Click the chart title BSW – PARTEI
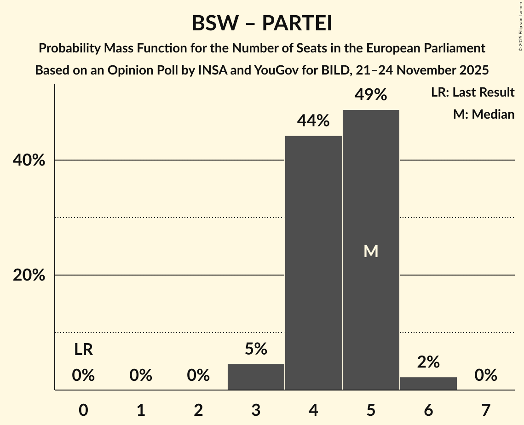[x=262, y=23]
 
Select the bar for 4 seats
[x=313, y=263]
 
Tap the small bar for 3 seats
[x=256, y=377]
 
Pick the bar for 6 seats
[x=428, y=384]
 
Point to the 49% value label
[x=371, y=95]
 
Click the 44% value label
[x=313, y=121]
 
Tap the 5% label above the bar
[x=256, y=349]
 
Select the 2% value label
[x=428, y=362]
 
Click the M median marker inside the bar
[x=371, y=251]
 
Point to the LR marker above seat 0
[x=83, y=350]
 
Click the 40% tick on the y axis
[x=29, y=161]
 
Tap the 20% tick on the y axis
[x=29, y=276]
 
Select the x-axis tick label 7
[x=486, y=410]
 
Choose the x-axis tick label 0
[x=83, y=410]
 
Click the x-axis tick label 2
[x=198, y=410]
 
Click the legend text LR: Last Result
[x=472, y=92]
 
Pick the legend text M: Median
[x=484, y=114]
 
